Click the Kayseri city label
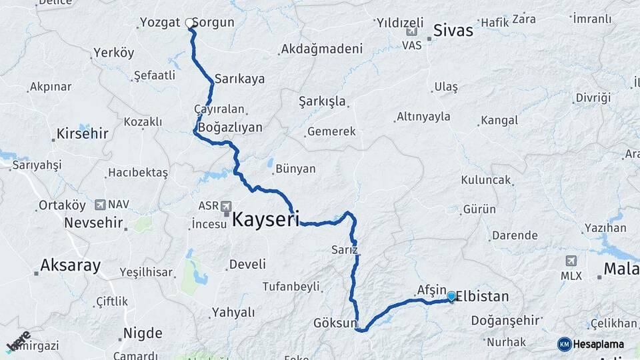click(x=265, y=219)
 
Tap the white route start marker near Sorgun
click(x=189, y=23)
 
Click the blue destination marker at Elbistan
click(x=451, y=296)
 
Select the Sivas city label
click(x=453, y=30)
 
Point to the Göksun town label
click(x=335, y=323)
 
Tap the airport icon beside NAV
click(x=100, y=205)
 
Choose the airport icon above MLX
click(x=571, y=261)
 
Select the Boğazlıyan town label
click(x=231, y=127)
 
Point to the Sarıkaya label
click(x=240, y=79)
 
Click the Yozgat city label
click(x=160, y=23)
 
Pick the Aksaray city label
click(x=70, y=265)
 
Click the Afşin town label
click(x=431, y=290)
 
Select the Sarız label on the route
click(x=345, y=250)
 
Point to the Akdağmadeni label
click(x=321, y=49)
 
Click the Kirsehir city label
click(x=82, y=133)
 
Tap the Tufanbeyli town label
click(x=291, y=287)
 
